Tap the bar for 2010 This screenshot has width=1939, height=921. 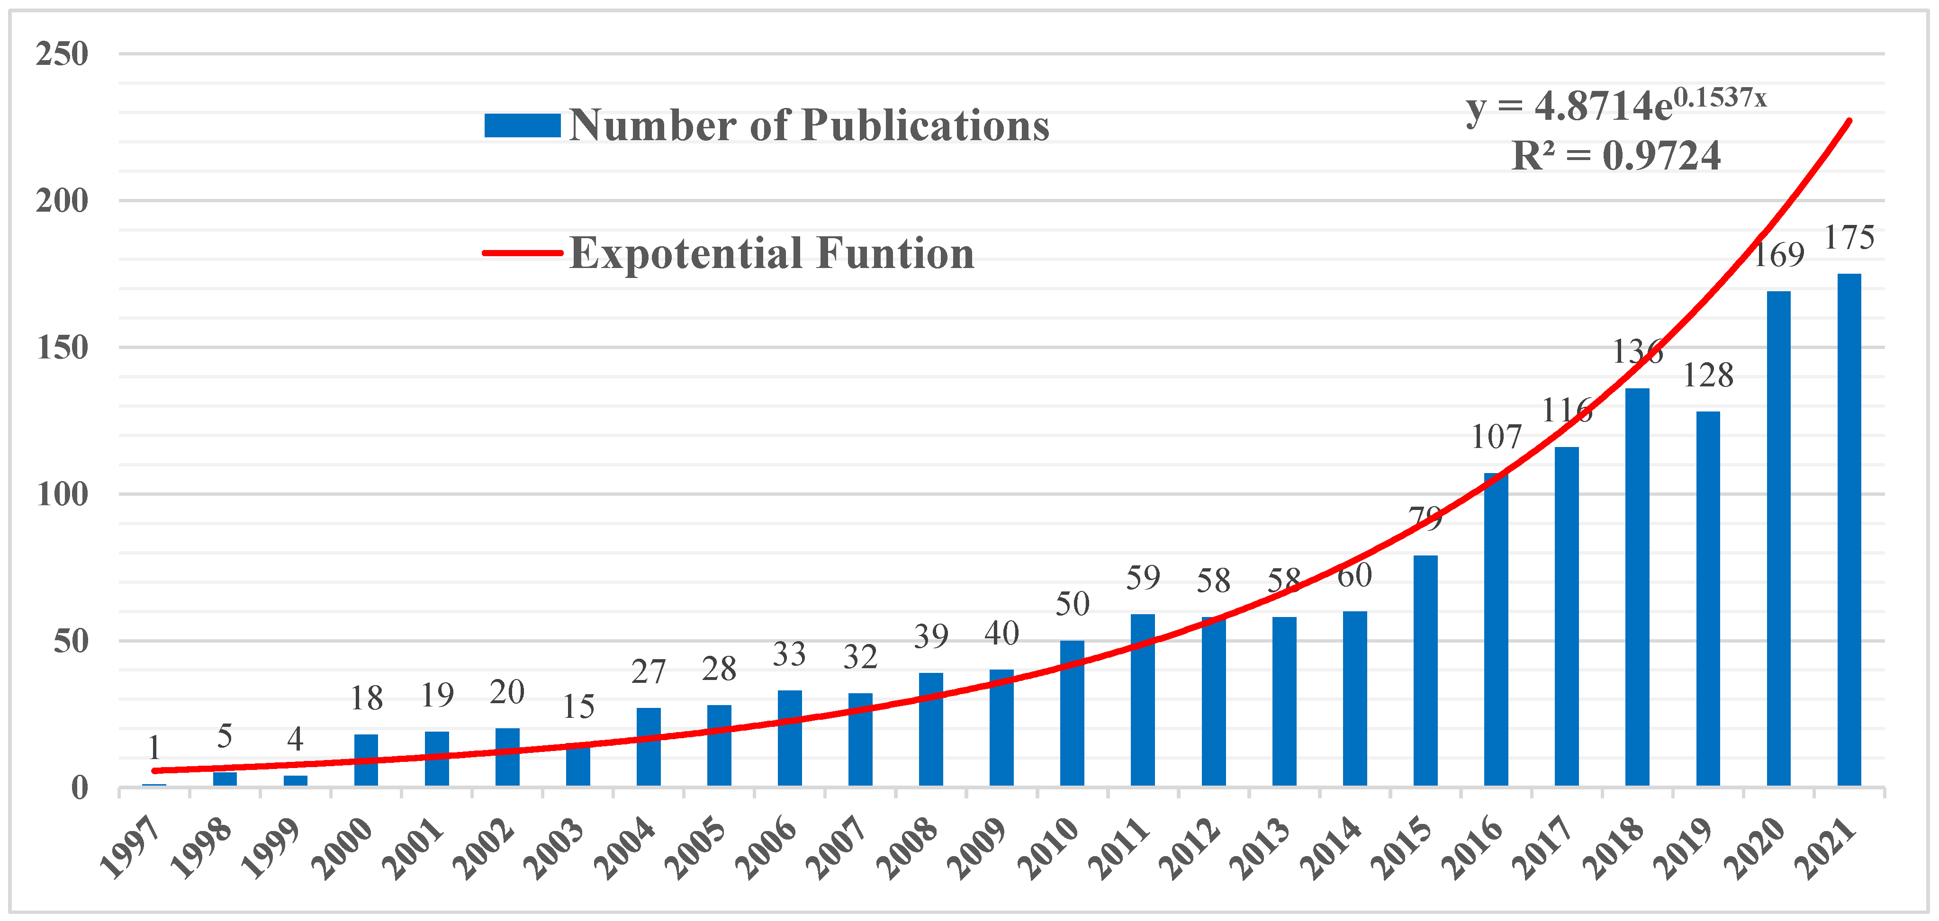tap(1072, 713)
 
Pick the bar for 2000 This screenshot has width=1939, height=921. tap(366, 760)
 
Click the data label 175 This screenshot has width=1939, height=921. tap(1849, 238)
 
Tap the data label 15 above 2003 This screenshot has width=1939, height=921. tap(578, 706)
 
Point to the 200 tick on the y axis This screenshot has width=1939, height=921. tap(62, 201)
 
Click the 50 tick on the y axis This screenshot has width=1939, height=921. tap(70, 642)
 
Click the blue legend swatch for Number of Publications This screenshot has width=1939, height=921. tap(523, 125)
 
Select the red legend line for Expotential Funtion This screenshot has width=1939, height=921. tap(523, 253)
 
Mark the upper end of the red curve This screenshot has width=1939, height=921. tap(1849, 120)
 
